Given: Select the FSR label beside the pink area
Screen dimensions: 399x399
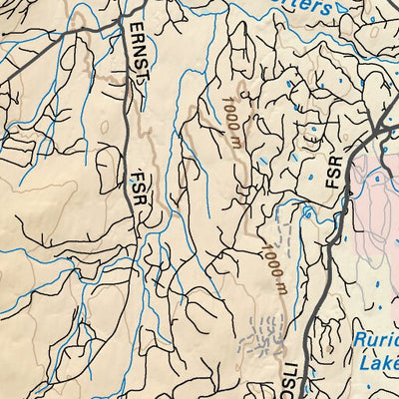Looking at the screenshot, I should (x=333, y=172).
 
